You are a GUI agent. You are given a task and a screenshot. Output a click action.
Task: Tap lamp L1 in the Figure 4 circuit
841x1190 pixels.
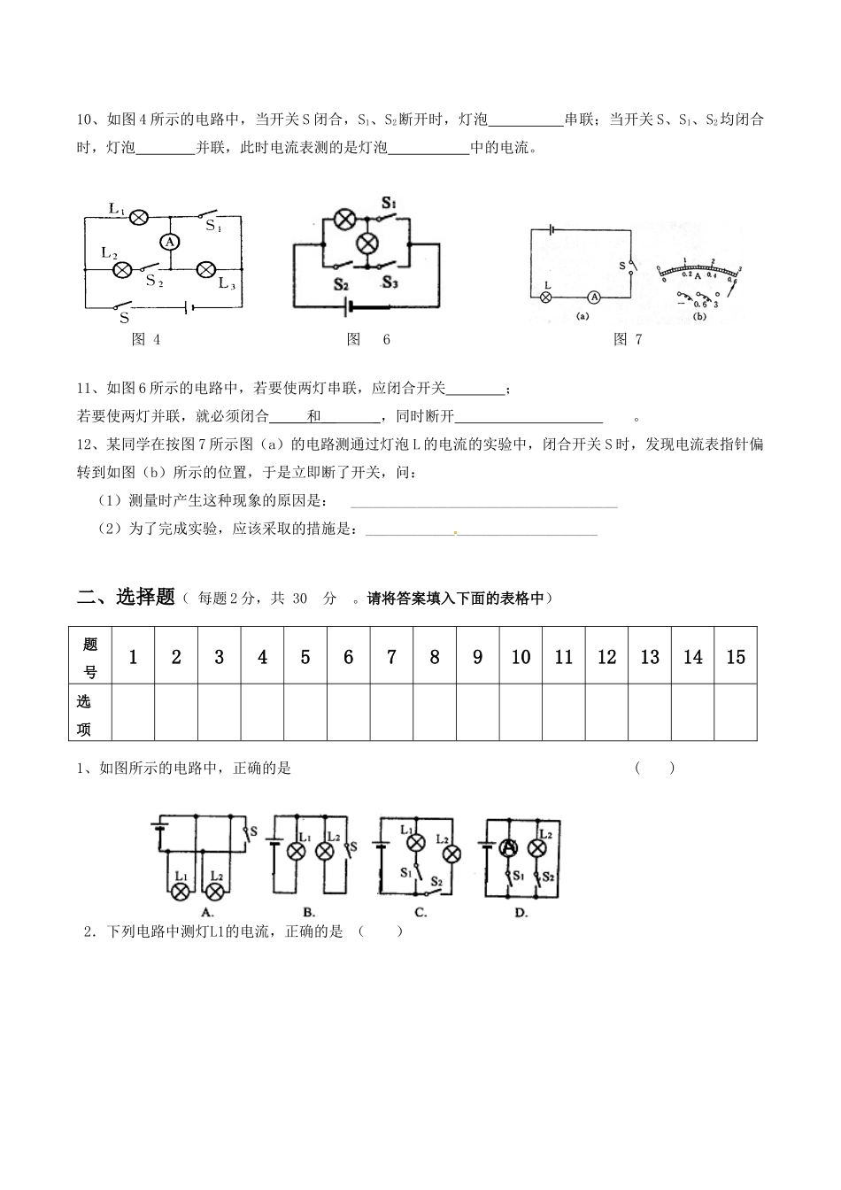pos(139,216)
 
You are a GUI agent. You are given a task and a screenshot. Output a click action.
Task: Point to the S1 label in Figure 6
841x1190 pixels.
pos(389,204)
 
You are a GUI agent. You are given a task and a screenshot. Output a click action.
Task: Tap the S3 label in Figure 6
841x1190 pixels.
pos(390,282)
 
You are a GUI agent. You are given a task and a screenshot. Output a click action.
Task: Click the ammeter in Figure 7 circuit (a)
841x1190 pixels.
pos(595,297)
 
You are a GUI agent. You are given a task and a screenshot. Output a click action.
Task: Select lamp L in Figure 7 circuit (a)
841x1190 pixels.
pos(546,297)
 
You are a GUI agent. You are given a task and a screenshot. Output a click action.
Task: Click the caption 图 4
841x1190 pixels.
pos(145,339)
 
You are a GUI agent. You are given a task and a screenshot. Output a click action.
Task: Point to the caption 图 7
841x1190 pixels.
pos(627,339)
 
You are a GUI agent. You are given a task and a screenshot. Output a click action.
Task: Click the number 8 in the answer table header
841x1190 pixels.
pos(434,656)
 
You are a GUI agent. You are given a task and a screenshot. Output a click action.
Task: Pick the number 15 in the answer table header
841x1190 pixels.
pos(736,656)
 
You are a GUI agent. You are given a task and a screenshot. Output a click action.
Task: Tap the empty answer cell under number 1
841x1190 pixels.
pos(133,712)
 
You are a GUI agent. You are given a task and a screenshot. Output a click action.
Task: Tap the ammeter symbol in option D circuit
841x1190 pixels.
pos(509,847)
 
